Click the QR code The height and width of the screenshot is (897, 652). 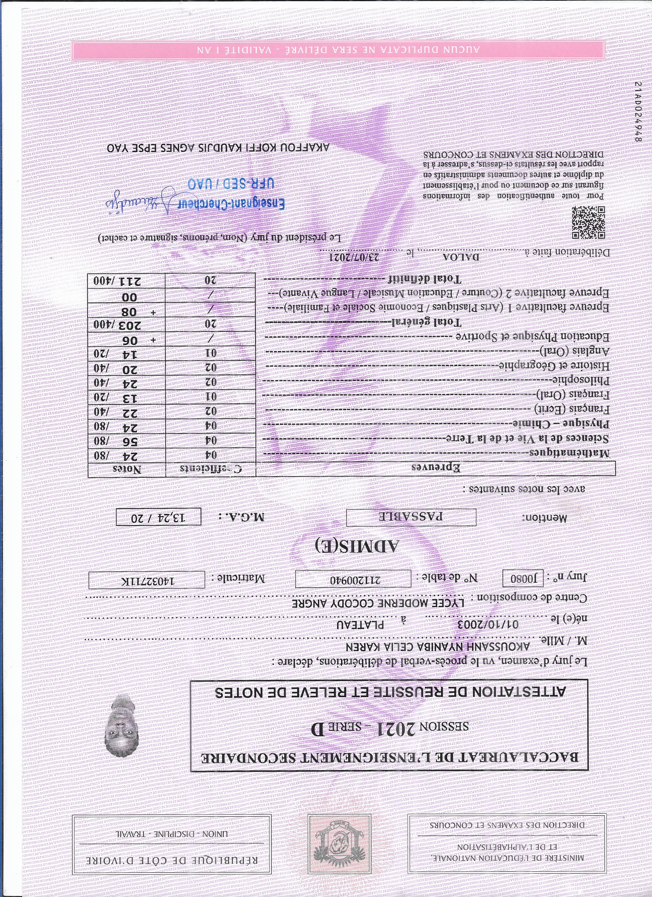coord(588,222)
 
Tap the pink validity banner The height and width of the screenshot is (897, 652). coord(338,50)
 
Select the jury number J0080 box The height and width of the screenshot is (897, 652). coord(523,579)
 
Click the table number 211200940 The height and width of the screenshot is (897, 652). coord(353,580)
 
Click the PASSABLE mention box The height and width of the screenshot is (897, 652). coord(411,517)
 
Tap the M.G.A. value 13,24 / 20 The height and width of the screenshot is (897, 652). coord(158,517)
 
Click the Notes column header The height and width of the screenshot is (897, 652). coord(127,470)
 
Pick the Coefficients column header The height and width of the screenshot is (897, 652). coord(210,470)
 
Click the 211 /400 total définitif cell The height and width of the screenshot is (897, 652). coord(126,281)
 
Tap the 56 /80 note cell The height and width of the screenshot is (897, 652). coord(126,441)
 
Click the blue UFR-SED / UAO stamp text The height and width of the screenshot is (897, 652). coord(231,184)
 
